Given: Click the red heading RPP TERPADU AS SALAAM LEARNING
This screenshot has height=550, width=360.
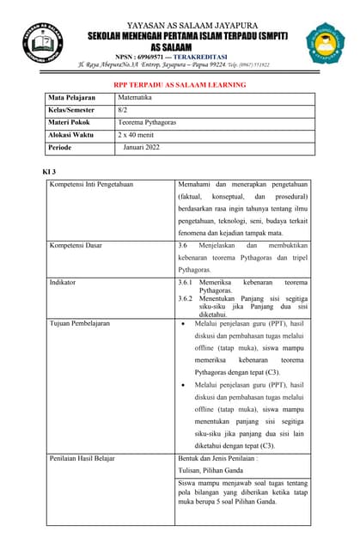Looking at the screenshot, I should [180, 84].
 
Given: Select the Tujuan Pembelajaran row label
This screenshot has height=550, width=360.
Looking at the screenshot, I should [85, 324].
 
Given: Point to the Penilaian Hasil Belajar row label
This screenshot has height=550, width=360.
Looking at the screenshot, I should [88, 460].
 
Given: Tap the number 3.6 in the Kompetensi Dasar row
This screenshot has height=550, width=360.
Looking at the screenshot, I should [182, 245].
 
